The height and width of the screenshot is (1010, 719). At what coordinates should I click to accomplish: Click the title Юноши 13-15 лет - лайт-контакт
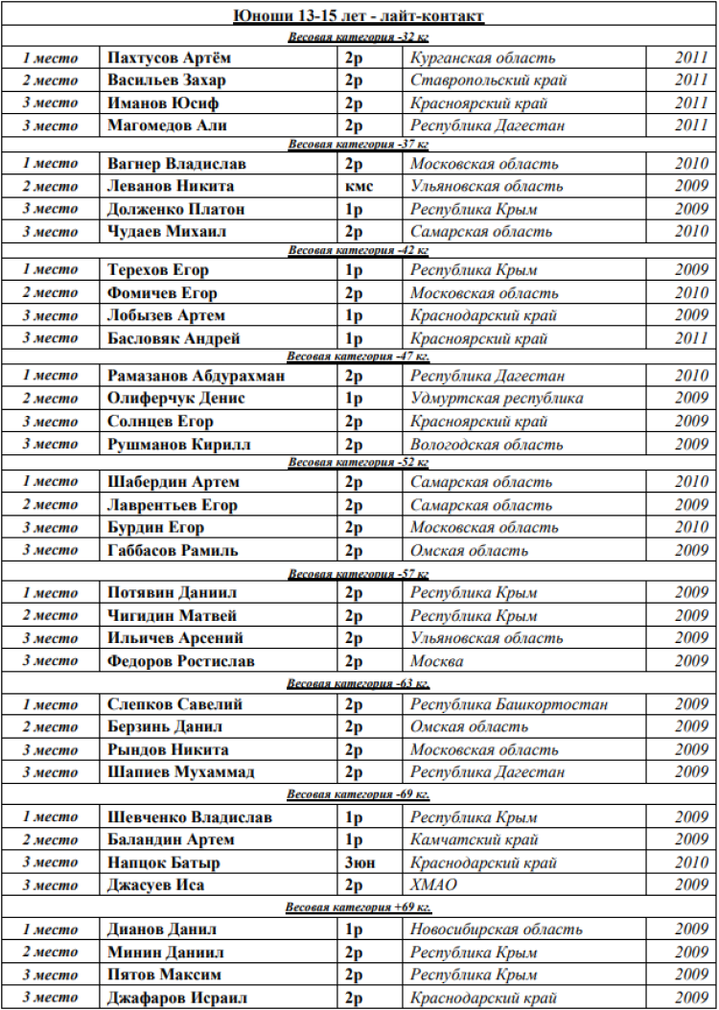(359, 15)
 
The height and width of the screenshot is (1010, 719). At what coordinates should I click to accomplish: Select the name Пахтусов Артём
(169, 57)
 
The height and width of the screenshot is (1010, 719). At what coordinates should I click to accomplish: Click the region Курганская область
(482, 57)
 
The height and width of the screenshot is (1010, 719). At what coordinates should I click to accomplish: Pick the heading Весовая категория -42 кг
(359, 251)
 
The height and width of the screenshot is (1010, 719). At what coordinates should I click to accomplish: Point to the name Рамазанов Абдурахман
(196, 377)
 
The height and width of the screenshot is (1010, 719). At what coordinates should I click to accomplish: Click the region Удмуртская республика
(496, 399)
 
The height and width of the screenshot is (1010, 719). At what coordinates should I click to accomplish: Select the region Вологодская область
(486, 444)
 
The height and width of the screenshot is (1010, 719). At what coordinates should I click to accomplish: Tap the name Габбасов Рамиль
(173, 550)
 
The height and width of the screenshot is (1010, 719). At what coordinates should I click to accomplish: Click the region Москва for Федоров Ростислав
(436, 661)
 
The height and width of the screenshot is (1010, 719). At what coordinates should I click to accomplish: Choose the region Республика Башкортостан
(508, 704)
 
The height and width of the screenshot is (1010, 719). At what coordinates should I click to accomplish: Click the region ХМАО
(433, 885)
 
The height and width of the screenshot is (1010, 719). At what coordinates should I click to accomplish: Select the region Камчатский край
(474, 840)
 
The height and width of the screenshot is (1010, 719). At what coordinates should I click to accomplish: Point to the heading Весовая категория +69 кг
(359, 907)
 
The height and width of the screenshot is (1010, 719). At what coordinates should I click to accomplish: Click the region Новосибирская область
(496, 930)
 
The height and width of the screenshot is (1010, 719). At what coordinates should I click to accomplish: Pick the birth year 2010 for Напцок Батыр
(690, 862)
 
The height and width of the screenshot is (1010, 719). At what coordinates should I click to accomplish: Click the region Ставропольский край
(488, 80)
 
